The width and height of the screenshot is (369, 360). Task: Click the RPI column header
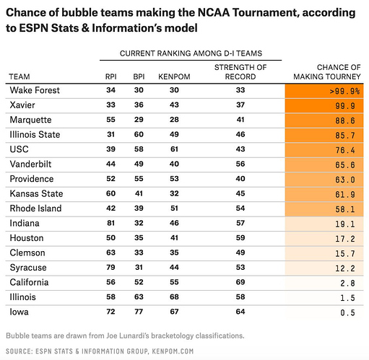110,76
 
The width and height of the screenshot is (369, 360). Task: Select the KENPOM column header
174,76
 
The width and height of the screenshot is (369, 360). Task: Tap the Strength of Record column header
240,72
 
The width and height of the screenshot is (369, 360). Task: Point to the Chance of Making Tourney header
327,72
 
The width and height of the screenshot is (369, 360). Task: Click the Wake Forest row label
35,90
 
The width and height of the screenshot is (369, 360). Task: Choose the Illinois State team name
35,134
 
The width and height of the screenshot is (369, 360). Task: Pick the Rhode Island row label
35,208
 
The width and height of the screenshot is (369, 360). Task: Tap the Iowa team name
19,312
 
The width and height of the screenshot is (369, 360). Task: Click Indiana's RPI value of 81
110,223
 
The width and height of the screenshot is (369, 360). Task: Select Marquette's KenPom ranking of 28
174,120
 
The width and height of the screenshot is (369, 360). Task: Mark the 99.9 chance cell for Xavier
345,106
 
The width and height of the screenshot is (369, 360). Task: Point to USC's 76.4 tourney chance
345,150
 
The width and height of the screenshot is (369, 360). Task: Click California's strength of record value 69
240,282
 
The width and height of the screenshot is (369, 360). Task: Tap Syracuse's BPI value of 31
139,267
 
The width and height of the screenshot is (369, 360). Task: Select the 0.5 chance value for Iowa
347,312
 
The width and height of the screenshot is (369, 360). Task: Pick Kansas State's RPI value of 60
110,193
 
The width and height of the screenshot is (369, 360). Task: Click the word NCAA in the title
214,13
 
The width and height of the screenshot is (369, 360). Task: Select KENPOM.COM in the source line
173,351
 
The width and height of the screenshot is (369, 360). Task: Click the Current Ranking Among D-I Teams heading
191,53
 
